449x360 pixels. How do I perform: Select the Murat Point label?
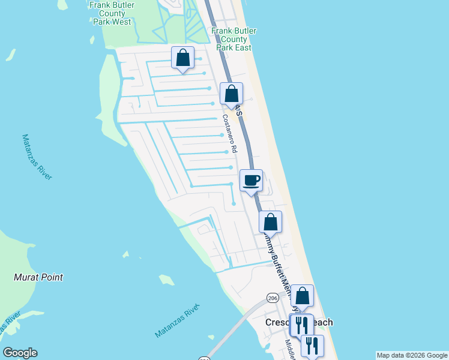(38, 277)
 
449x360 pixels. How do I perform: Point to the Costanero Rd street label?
(230, 134)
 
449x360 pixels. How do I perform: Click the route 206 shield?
(273, 298)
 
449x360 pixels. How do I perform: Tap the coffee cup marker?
(251, 179)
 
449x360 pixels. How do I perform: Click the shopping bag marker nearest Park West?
(183, 58)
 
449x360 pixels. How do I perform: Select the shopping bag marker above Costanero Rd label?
(231, 94)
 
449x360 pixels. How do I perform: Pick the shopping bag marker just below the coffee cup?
(271, 221)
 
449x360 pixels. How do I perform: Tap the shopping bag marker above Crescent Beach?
(303, 295)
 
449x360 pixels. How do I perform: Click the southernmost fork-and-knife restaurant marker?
(312, 345)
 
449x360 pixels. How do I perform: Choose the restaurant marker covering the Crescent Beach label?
(301, 325)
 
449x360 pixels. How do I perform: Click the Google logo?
(20, 353)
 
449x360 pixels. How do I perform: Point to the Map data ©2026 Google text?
(412, 355)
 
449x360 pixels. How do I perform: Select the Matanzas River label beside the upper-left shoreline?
(37, 157)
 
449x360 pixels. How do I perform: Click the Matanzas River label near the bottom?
(176, 322)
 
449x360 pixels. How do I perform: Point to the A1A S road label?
(238, 111)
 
